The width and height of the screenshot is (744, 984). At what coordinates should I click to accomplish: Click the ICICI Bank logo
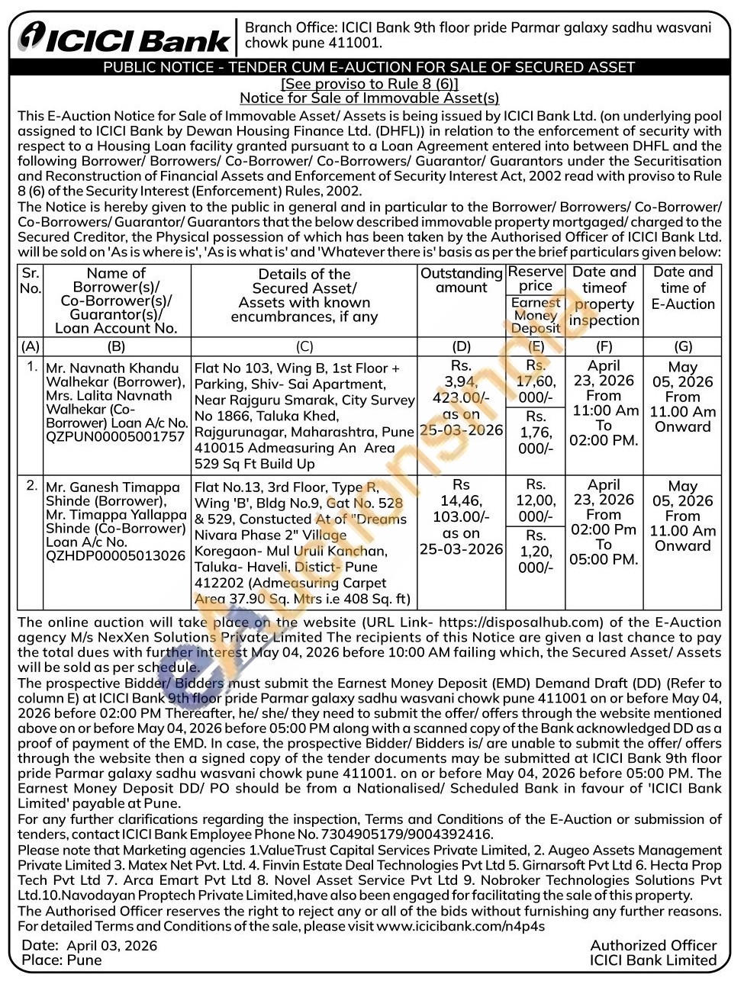(124, 36)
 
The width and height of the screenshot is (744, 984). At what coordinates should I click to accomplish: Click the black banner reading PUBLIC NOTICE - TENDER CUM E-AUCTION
(369, 67)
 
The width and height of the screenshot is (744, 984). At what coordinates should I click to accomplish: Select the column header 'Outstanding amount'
(461, 280)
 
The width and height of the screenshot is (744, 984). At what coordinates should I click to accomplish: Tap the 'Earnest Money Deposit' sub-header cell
(536, 315)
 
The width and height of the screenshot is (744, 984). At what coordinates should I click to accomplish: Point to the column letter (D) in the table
(461, 346)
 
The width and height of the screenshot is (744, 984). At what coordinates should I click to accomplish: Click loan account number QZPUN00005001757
(115, 436)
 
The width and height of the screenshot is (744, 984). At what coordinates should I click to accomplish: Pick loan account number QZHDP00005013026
(115, 555)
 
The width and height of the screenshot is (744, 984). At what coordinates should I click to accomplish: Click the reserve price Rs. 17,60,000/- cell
(536, 381)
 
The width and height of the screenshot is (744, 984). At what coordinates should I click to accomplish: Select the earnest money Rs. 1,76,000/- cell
(536, 433)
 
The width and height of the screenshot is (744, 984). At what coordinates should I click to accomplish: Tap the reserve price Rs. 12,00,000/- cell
(536, 500)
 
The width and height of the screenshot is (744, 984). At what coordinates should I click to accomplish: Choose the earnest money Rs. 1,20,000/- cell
(536, 551)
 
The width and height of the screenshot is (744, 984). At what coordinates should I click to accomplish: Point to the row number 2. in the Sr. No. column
(31, 485)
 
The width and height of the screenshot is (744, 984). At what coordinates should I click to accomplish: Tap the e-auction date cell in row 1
(682, 396)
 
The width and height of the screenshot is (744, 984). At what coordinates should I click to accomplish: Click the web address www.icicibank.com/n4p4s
(460, 925)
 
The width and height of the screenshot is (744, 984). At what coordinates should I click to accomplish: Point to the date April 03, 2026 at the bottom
(111, 945)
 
